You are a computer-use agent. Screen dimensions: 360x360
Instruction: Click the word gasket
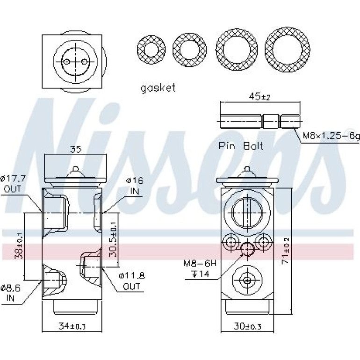[158, 88]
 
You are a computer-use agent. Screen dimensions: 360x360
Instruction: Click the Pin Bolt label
[241, 146]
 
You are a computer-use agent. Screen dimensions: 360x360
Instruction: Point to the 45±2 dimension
[259, 96]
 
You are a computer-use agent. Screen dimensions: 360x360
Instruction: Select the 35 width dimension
[76, 150]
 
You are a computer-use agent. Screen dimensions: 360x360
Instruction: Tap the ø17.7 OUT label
[13, 184]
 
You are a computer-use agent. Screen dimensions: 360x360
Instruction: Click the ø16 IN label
[135, 186]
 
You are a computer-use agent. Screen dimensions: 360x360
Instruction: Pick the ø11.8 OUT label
[132, 281]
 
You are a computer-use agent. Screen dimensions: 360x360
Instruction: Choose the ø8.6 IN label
[11, 293]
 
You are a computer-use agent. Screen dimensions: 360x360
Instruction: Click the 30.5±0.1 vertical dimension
[113, 239]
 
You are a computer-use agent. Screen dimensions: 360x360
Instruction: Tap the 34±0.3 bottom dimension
[72, 326]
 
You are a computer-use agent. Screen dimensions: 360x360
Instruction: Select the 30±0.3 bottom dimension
[247, 326]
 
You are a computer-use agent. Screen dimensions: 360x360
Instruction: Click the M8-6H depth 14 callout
[200, 268]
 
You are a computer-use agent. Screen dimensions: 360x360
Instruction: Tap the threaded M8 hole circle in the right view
[247, 249]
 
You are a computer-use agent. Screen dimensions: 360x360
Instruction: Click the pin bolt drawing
[260, 121]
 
